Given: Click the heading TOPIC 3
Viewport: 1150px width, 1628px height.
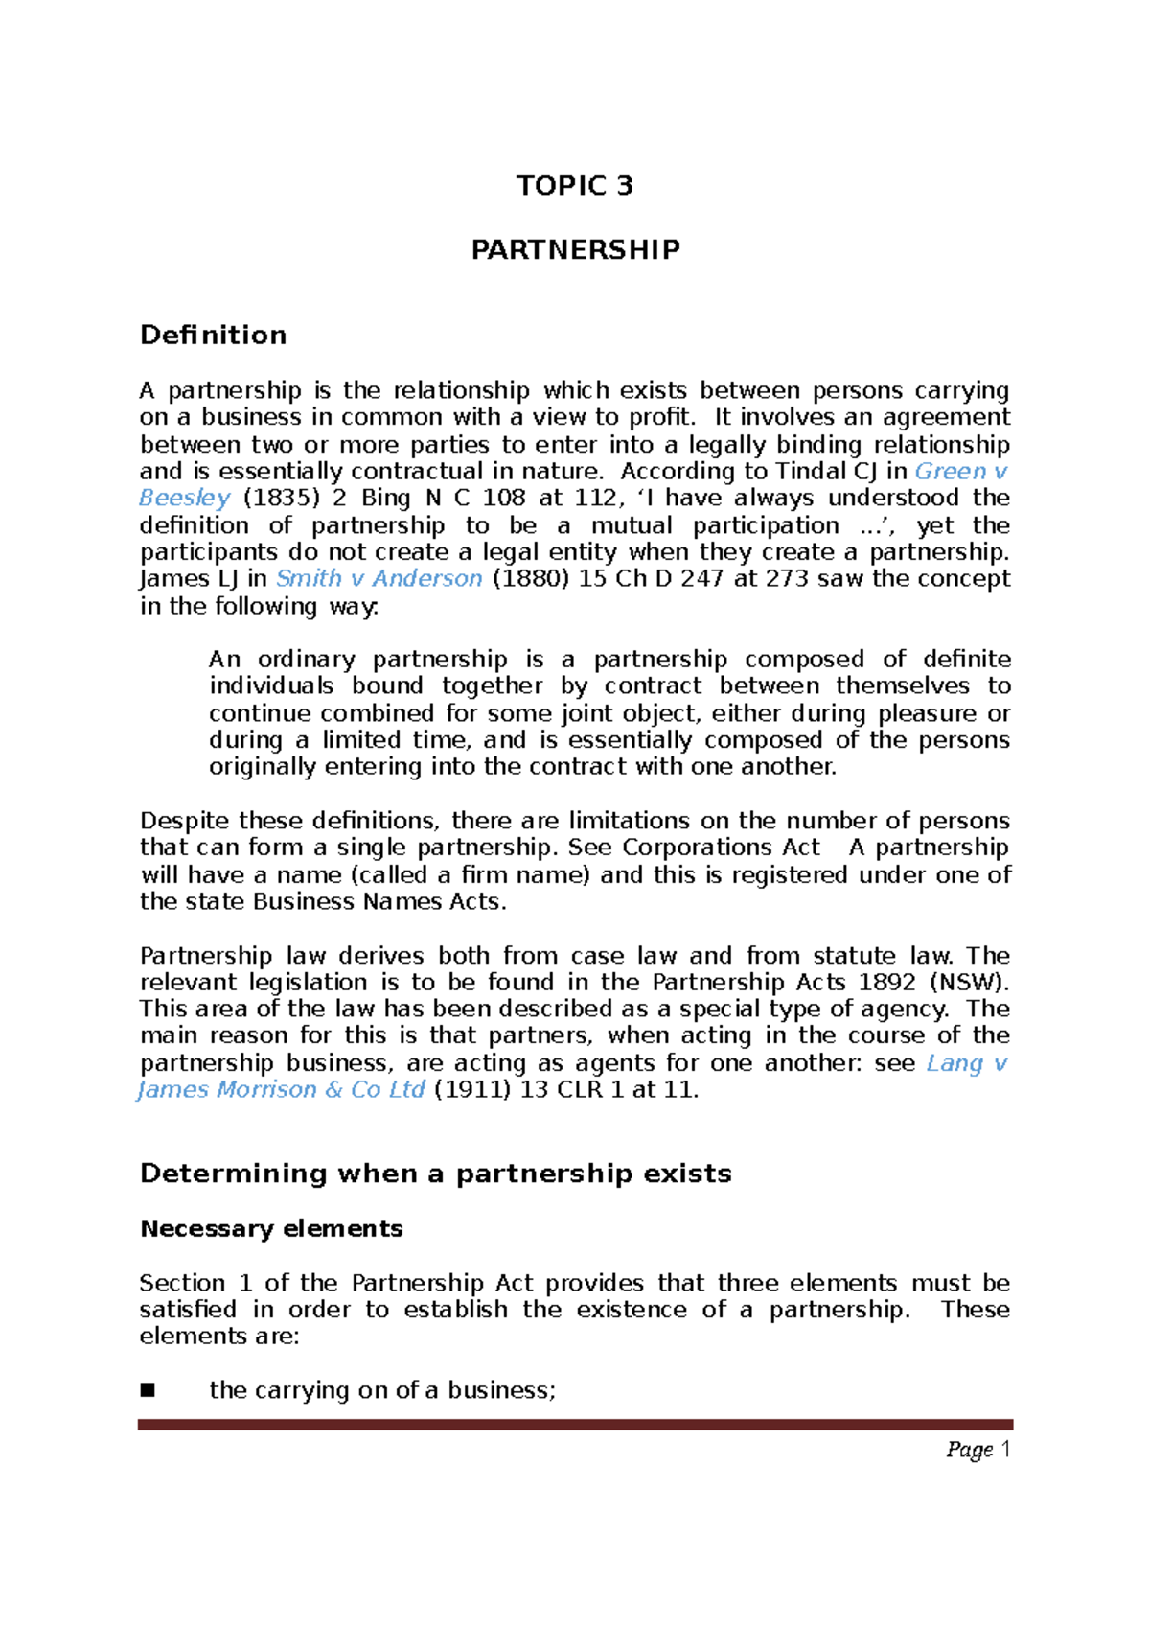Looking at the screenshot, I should (x=574, y=185).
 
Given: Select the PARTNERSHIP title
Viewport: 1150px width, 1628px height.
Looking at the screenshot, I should (x=575, y=249).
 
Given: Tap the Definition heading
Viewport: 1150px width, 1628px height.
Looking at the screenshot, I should (x=213, y=335).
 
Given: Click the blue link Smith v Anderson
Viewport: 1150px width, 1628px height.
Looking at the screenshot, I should (x=379, y=578).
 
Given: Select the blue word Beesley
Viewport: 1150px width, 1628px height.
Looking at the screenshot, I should (x=185, y=498).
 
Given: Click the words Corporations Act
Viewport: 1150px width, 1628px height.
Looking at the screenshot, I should (x=721, y=848).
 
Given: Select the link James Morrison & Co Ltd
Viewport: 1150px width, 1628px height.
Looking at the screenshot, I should (x=282, y=1089).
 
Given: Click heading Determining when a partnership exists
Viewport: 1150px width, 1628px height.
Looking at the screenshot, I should (x=435, y=1174).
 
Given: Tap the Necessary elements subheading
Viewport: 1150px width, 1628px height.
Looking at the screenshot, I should (x=271, y=1228).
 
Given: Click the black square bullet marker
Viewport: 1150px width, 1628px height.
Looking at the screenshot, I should (x=148, y=1390).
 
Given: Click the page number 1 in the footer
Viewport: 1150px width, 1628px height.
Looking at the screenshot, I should (x=1005, y=1449).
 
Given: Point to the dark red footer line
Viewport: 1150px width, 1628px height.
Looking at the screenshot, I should (x=575, y=1425).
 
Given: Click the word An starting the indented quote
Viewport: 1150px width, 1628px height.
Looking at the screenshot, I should (x=224, y=660).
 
